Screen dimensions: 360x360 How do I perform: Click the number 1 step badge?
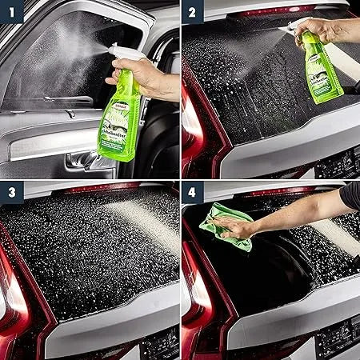(x=11, y=11)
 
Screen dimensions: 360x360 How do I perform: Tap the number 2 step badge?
(x=193, y=11)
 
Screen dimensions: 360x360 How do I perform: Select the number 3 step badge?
(x=11, y=193)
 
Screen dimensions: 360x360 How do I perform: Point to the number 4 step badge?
(x=193, y=193)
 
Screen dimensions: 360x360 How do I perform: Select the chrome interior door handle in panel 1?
(x=81, y=159)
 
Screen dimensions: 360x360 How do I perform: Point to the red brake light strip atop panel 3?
(x=96, y=189)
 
